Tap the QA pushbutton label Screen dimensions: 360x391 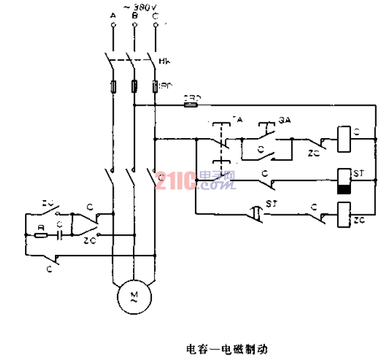click(x=284, y=117)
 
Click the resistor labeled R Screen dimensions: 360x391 click(x=40, y=236)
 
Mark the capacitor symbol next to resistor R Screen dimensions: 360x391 click(x=59, y=236)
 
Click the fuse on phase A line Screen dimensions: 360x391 click(x=112, y=86)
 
